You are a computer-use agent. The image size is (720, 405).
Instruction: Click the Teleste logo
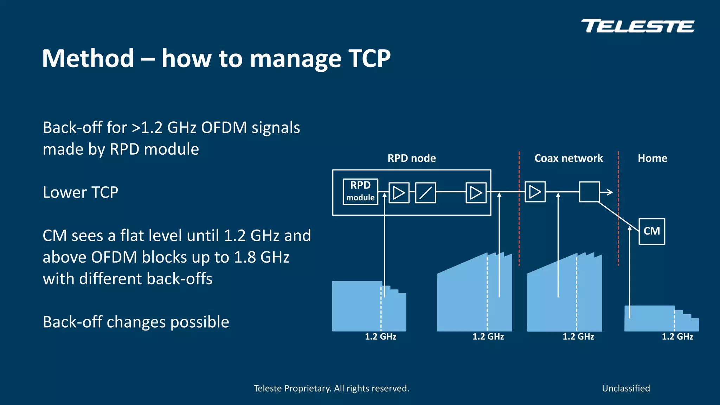click(x=637, y=26)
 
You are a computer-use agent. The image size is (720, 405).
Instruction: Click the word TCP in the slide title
click(x=369, y=58)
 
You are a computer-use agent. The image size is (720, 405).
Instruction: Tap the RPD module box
click(x=360, y=192)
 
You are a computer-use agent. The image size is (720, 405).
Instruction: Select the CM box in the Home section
click(x=651, y=231)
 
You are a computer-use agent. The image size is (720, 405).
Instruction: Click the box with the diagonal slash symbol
click(x=425, y=193)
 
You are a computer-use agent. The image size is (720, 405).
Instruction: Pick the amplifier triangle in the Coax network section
click(x=535, y=192)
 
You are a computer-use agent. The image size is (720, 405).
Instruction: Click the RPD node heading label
click(x=411, y=158)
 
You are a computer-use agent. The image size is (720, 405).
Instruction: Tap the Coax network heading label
click(x=568, y=158)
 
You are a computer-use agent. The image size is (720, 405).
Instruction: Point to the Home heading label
click(x=652, y=158)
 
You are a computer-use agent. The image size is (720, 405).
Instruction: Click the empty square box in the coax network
click(x=589, y=192)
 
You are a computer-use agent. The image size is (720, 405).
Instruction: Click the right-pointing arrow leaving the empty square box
click(x=607, y=192)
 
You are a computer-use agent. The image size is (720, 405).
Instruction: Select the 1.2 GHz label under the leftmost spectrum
click(x=380, y=337)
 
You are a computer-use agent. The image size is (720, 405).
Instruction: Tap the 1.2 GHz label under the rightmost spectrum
click(x=677, y=337)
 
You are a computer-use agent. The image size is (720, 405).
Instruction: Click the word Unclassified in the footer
click(x=626, y=388)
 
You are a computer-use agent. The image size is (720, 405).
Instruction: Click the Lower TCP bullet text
click(x=80, y=192)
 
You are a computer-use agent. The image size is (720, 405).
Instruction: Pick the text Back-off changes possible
click(x=136, y=322)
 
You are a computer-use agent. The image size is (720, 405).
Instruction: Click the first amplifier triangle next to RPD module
click(x=399, y=193)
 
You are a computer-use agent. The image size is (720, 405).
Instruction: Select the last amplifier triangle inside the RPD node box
click(x=476, y=193)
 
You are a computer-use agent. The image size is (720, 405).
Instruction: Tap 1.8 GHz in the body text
click(x=262, y=257)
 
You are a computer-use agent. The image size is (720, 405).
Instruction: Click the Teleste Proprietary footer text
click(x=331, y=388)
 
